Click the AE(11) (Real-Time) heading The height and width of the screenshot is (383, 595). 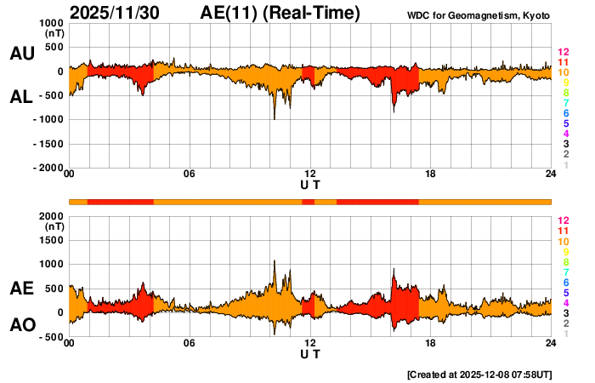point(280,13)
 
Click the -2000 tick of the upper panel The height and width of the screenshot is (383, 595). point(49,169)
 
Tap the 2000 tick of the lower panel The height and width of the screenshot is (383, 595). point(51,216)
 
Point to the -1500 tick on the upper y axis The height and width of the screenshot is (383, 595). point(49,144)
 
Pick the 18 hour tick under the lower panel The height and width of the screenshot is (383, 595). point(431,343)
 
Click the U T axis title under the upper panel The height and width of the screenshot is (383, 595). point(310,184)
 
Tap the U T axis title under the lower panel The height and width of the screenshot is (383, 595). point(310,352)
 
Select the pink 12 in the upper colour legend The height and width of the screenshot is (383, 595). point(562,53)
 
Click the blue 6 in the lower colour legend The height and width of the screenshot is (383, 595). point(565,282)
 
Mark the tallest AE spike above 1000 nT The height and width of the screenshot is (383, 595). point(275,262)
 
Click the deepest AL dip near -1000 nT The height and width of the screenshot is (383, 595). point(274,117)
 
